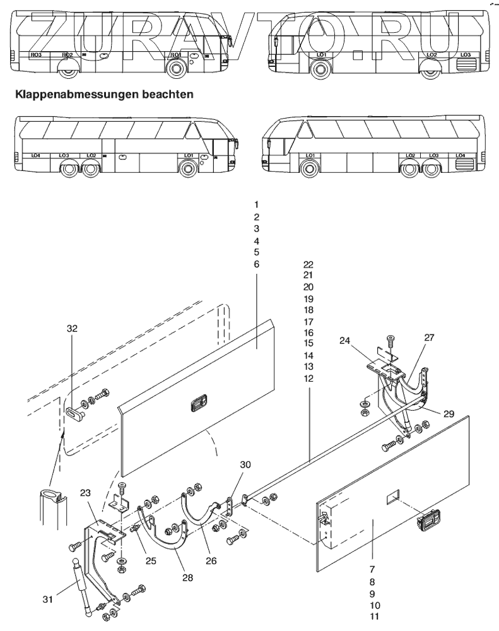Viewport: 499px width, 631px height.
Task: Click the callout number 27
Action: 429,338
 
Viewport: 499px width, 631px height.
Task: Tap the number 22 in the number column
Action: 308,265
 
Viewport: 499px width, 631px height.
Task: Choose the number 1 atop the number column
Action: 256,205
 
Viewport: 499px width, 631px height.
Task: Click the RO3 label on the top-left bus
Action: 35,55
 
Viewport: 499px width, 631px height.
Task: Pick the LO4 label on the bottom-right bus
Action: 460,155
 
